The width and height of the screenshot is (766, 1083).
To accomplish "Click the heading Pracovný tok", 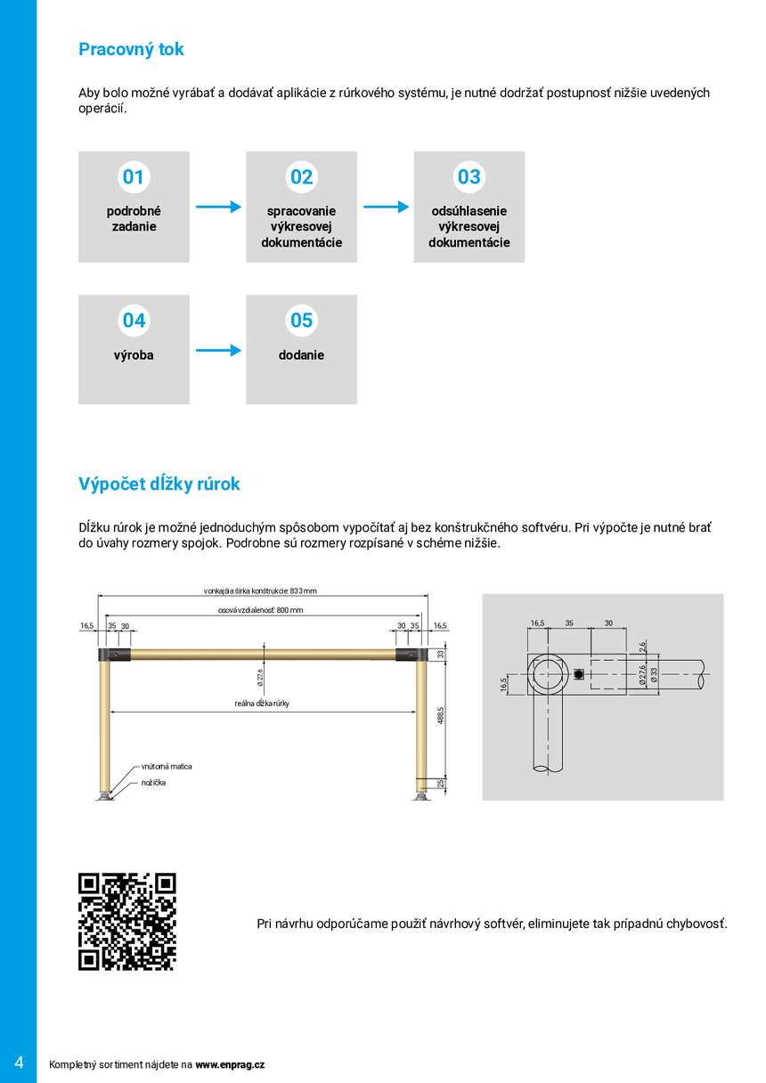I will coord(131,50).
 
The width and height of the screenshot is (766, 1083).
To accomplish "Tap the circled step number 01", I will coord(134,177).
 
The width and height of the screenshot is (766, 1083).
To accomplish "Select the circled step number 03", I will coord(469,177).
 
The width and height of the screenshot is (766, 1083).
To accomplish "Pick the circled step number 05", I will coord(301,321).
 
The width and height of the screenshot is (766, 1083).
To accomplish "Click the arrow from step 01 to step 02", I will coord(218,208).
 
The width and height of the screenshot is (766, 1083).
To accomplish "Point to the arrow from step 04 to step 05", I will coord(218,351).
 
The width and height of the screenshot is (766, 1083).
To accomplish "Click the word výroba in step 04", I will coord(134,355).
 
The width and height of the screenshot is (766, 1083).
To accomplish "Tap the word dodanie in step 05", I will coord(301,355).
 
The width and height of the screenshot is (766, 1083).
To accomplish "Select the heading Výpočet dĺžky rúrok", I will coord(159,484).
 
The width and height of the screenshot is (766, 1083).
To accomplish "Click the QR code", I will coord(127,921).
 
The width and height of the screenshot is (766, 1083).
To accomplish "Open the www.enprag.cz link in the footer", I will coord(230,1064).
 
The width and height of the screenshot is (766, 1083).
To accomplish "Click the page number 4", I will coord(19,1063).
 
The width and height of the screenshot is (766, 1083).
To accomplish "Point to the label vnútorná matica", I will coord(167,766).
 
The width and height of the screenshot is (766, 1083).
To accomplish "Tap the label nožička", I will coord(153,783).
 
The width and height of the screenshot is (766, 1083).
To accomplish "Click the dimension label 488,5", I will coord(440,715).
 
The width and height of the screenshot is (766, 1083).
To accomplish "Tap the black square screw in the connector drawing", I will coord(579,674).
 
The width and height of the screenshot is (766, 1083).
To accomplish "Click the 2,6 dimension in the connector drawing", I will coord(642,647).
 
